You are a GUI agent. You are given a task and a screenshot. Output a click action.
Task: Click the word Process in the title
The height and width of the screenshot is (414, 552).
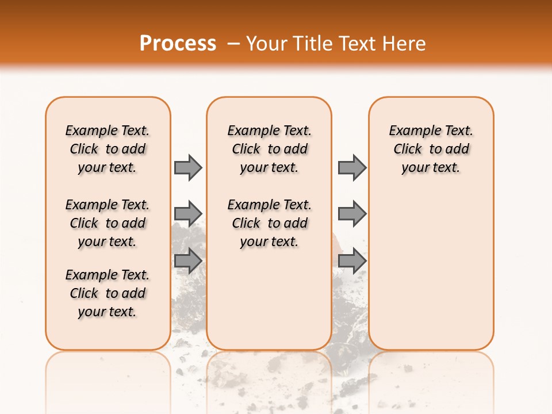click(x=178, y=44)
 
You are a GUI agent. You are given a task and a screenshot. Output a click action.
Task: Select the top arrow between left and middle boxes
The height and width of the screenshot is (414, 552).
click(x=188, y=167)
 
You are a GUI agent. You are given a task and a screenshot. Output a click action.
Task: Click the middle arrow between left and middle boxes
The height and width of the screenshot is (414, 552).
click(x=188, y=214)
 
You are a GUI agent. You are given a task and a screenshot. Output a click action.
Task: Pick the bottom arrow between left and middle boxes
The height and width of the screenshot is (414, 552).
click(x=188, y=260)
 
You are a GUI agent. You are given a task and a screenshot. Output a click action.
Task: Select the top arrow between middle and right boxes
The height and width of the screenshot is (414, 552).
click(x=352, y=167)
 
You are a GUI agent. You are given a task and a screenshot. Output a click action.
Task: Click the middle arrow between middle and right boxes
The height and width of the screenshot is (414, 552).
click(x=352, y=214)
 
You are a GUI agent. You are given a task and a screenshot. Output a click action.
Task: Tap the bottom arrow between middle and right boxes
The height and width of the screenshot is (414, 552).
click(x=352, y=260)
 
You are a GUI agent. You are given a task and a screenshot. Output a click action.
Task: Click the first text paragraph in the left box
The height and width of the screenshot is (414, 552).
click(x=108, y=149)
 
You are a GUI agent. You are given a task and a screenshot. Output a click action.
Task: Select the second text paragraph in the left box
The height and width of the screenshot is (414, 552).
click(x=108, y=223)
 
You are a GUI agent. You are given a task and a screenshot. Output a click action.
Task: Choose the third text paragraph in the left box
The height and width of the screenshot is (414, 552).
click(x=108, y=293)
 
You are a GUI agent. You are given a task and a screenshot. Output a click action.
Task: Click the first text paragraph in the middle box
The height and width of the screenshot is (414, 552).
click(x=270, y=149)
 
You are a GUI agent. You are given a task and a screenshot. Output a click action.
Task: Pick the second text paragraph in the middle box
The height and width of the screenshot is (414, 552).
click(x=270, y=223)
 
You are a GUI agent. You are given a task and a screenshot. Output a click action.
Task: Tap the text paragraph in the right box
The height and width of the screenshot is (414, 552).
click(x=431, y=149)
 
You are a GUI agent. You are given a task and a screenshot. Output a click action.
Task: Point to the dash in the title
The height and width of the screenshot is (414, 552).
click(x=233, y=44)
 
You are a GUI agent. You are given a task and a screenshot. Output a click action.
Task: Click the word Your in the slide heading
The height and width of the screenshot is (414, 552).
click(x=267, y=44)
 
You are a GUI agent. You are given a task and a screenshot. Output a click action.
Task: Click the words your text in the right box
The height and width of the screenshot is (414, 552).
click(x=431, y=168)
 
